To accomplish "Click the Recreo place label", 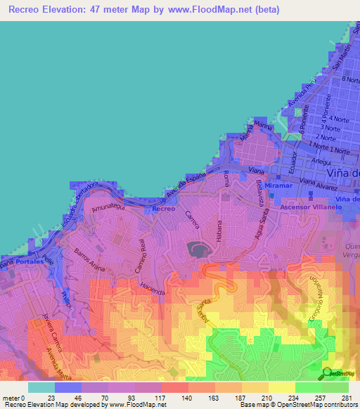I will click(x=163, y=209).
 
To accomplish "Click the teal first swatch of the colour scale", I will click(x=41, y=387).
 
